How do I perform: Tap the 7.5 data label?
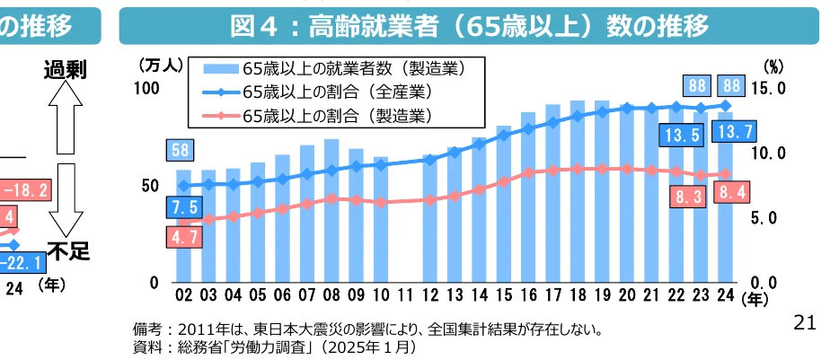click(182, 208)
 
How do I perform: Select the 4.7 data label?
click(182, 237)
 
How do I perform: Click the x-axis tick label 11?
click(405, 294)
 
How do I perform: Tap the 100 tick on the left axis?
click(146, 88)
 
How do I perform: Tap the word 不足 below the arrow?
click(67, 251)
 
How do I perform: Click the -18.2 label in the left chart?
click(26, 190)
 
